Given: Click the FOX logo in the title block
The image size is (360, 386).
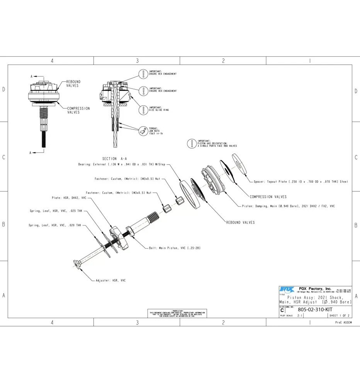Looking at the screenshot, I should click(x=286, y=289).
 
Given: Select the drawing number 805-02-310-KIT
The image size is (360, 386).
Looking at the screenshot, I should click(x=315, y=309).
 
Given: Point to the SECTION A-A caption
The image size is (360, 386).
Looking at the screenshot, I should click(x=114, y=159).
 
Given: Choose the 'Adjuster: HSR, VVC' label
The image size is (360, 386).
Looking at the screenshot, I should click(x=110, y=280).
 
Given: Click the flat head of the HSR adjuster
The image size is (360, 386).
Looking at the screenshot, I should click(x=76, y=263).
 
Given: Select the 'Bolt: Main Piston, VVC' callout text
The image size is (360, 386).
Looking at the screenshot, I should click(x=175, y=247).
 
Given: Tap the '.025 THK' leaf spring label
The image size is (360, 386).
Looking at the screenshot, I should click(x=56, y=211).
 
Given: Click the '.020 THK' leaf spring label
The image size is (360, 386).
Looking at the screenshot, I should click(x=54, y=225).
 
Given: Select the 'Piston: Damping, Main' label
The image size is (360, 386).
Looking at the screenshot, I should click(x=288, y=206).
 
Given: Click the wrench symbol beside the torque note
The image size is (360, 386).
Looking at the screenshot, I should click(x=143, y=132).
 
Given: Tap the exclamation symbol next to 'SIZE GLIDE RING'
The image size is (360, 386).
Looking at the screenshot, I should click(x=143, y=109).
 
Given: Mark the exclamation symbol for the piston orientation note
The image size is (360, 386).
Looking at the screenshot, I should click(x=192, y=144).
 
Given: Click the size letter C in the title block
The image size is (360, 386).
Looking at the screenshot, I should click(x=282, y=310).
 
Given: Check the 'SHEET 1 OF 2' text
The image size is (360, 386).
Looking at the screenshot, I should click(x=339, y=315).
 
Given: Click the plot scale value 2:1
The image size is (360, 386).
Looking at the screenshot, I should click(x=300, y=315).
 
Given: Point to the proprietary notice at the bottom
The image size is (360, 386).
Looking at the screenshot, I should click(x=177, y=313).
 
